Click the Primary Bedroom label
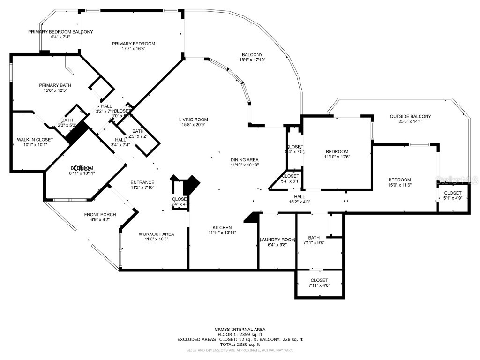click(133, 44)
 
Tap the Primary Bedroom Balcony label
click(60, 32)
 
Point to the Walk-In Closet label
click(35, 140)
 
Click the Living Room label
click(193, 120)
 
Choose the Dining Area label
click(244, 160)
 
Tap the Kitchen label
click(220, 227)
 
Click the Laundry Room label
click(277, 240)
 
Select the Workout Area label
click(156, 233)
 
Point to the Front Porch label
click(100, 215)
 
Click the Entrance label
click(142, 182)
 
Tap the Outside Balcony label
click(410, 116)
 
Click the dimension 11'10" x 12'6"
click(337, 157)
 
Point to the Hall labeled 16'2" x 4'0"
click(300, 197)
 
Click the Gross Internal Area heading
click(240, 330)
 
